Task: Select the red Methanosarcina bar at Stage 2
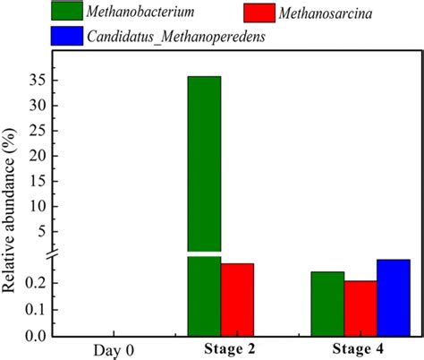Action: tap(237, 299)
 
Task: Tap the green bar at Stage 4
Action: tap(326, 304)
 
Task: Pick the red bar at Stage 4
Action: tap(360, 308)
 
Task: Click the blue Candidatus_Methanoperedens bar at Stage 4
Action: tap(393, 297)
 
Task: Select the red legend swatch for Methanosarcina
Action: tap(268, 13)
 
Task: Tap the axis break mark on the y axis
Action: tap(52, 256)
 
